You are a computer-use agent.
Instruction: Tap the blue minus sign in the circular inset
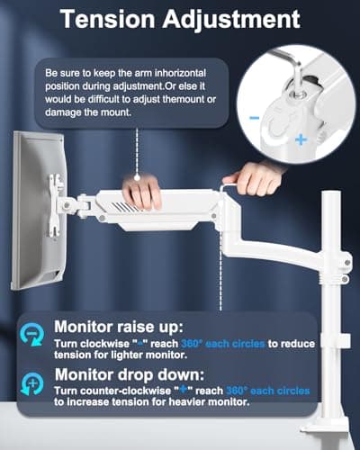point(256,118)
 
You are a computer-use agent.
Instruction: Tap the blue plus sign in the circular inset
point(299,141)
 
